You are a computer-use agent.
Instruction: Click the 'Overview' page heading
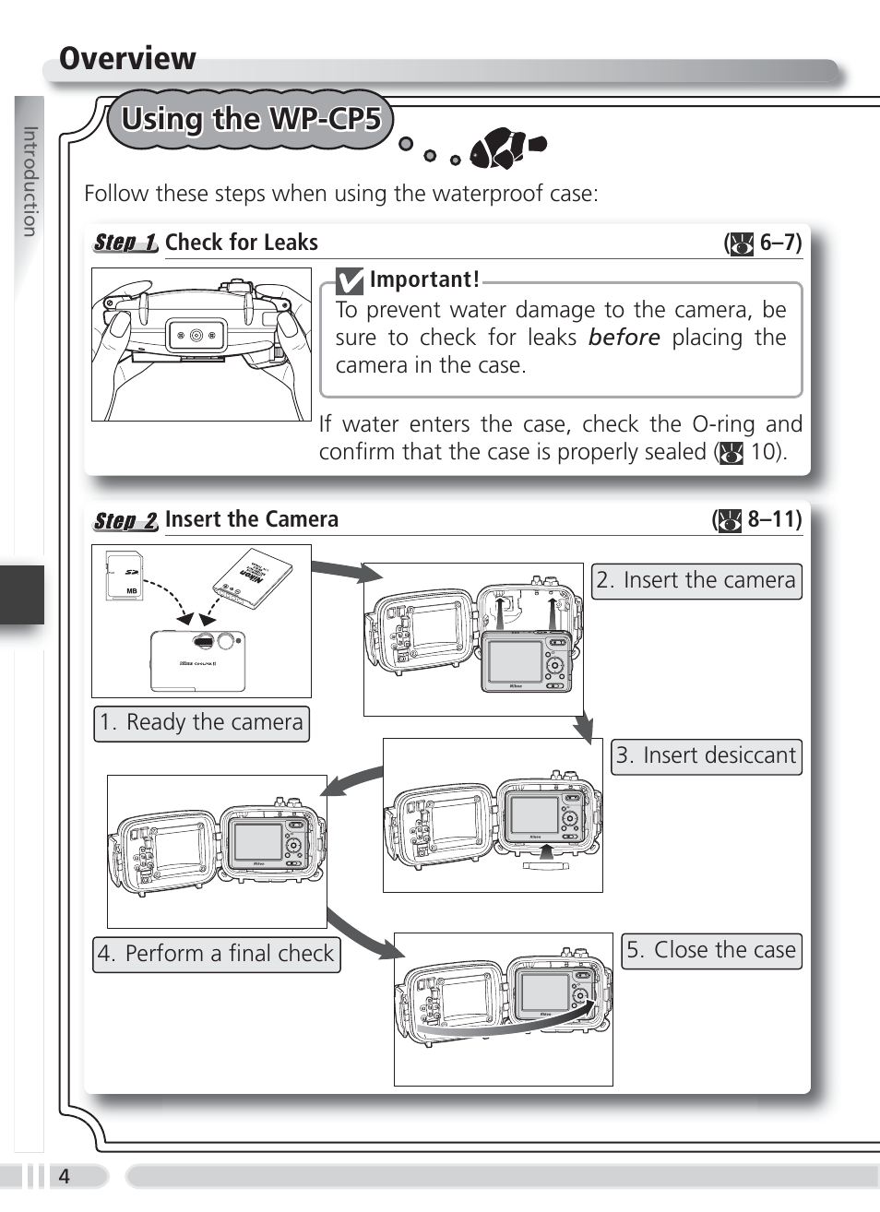[127, 59]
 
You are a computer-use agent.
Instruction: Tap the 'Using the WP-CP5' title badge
[250, 120]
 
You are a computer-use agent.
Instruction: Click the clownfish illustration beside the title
[506, 149]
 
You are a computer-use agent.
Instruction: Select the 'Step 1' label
[125, 244]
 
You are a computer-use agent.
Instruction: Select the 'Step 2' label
[125, 521]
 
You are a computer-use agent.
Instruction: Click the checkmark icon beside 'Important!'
[349, 281]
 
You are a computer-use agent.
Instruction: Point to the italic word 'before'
[624, 338]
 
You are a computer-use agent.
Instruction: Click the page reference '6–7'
[779, 244]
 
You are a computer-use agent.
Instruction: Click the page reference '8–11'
[773, 519]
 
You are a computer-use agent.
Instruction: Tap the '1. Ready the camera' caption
[201, 723]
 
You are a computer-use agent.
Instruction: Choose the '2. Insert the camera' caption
[696, 581]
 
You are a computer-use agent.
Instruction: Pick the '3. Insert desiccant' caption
[707, 756]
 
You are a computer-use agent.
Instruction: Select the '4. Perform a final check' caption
[216, 954]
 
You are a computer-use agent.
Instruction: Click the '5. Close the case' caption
[711, 950]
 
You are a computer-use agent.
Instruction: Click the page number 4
[64, 1177]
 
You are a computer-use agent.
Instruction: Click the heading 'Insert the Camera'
[252, 519]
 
